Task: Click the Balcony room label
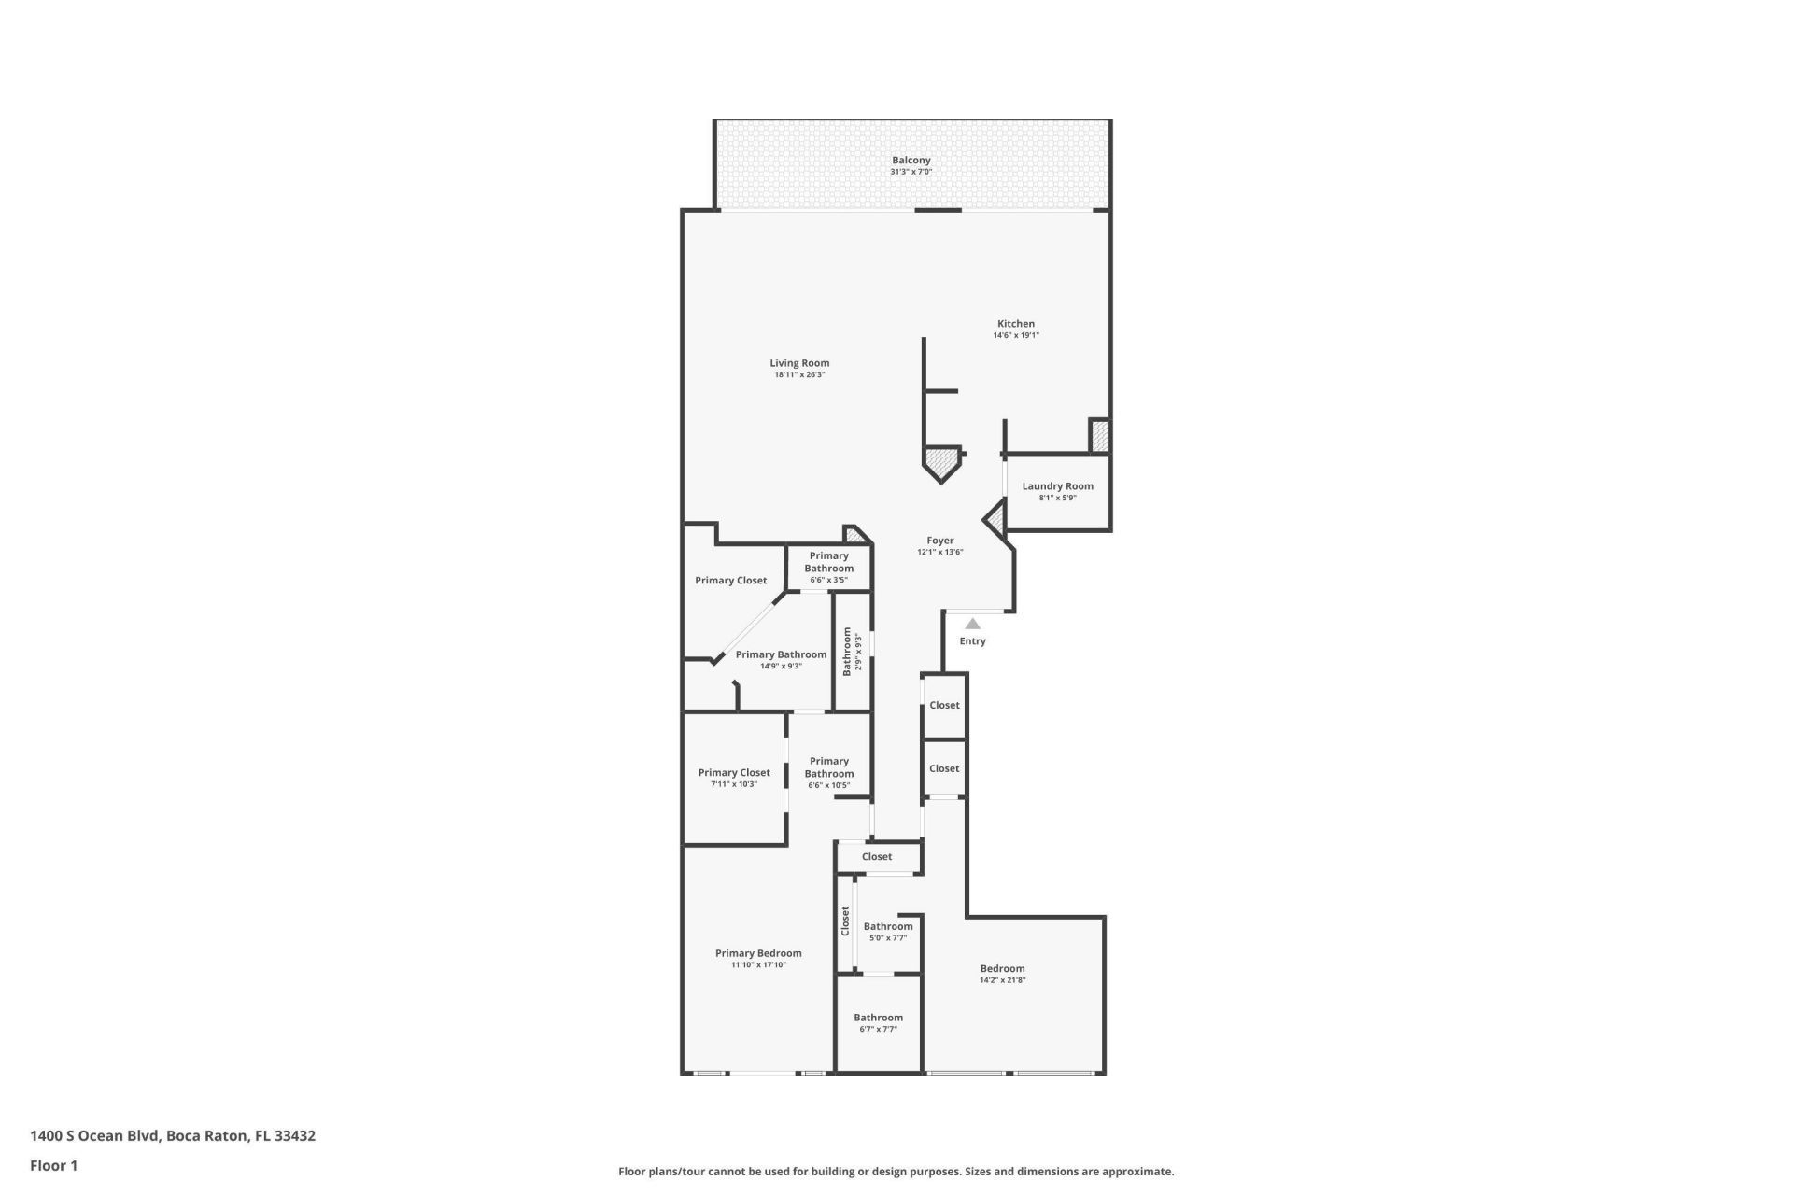coord(911,161)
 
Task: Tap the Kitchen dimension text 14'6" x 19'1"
coord(1015,335)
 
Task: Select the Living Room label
coord(799,363)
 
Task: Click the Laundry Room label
coord(1057,486)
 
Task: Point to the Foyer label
coord(939,541)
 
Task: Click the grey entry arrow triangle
coord(972,624)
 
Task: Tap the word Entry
coord(972,641)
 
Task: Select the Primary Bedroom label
coord(758,953)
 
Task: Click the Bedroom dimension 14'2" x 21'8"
coord(1002,980)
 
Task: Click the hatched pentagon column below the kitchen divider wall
coord(941,464)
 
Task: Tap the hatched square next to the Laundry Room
coord(1100,437)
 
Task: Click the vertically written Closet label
coord(845,921)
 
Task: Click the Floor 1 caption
coord(53,1165)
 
